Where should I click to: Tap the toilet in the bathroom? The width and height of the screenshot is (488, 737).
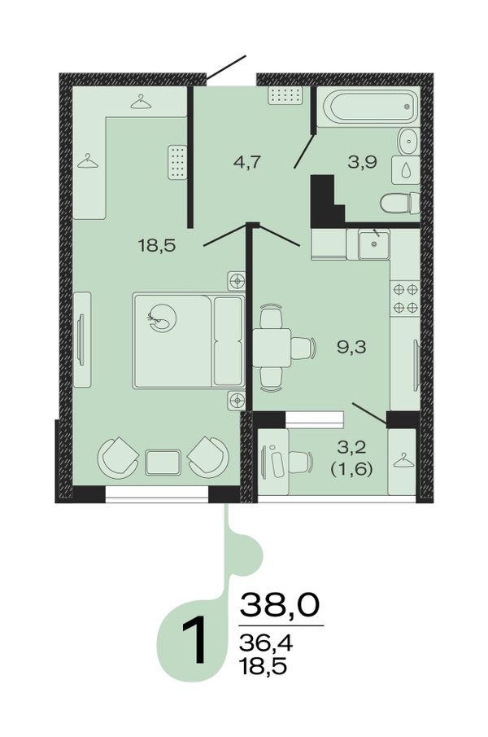pyautogui.click(x=400, y=203)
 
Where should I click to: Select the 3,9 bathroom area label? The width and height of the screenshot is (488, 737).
pyautogui.click(x=363, y=163)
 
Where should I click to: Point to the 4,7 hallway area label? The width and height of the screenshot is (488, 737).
pyautogui.click(x=246, y=163)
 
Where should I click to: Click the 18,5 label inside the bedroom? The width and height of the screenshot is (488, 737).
pyautogui.click(x=157, y=245)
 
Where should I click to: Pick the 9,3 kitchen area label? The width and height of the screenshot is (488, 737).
pyautogui.click(x=351, y=348)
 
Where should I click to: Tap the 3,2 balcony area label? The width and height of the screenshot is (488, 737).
pyautogui.click(x=352, y=447)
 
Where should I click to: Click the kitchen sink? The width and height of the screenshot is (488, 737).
pyautogui.click(x=374, y=244)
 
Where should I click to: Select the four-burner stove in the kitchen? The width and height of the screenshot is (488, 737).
pyautogui.click(x=405, y=298)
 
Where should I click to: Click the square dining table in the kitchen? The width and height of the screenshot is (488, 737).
pyautogui.click(x=272, y=348)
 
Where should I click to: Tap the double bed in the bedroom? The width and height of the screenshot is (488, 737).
pyautogui.click(x=189, y=340)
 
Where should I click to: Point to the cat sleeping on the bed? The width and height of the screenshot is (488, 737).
pyautogui.click(x=161, y=318)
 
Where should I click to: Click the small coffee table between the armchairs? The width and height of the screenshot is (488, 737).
pyautogui.click(x=163, y=463)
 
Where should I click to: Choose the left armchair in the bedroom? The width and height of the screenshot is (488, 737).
pyautogui.click(x=117, y=458)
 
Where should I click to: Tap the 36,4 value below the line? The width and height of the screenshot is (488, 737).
pyautogui.click(x=266, y=643)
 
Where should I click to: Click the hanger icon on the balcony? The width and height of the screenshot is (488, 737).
pyautogui.click(x=403, y=461)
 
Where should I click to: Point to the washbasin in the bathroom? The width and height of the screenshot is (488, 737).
pyautogui.click(x=407, y=141)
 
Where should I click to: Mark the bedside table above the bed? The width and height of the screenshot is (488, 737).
pyautogui.click(x=237, y=281)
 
